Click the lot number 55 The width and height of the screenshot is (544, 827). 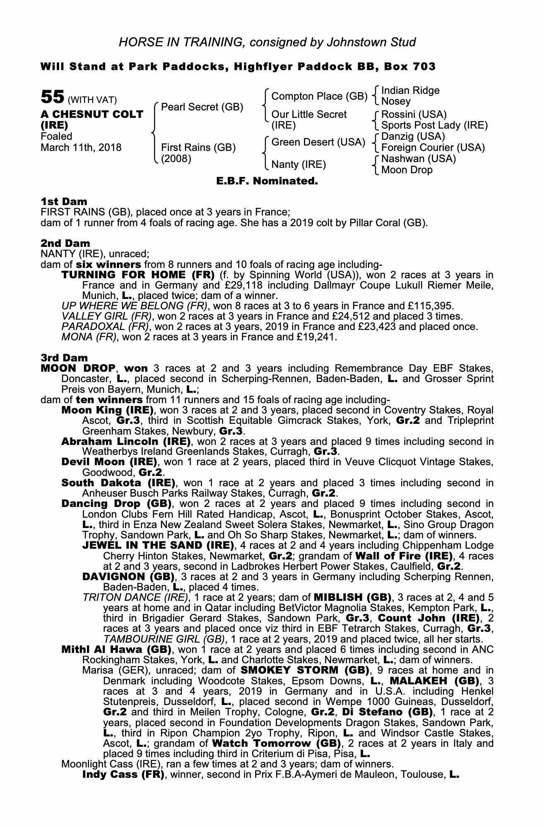[52, 98]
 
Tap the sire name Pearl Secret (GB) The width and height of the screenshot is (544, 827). [202, 107]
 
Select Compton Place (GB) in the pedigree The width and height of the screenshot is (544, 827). [319, 96]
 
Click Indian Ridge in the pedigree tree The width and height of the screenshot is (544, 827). [410, 91]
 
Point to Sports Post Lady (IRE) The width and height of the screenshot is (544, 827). [434, 125]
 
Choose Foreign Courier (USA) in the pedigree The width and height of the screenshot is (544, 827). [433, 148]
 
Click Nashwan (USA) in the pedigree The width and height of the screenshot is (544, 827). [418, 159]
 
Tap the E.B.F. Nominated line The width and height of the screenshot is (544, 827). [267, 181]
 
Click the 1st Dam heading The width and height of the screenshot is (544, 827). [64, 201]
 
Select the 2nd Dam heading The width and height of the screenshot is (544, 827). [65, 243]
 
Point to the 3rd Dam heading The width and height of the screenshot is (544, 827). [64, 357]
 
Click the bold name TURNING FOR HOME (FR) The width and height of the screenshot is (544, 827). [138, 275]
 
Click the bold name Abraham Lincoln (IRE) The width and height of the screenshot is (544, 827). [126, 441]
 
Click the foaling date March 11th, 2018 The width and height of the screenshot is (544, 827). [81, 148]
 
